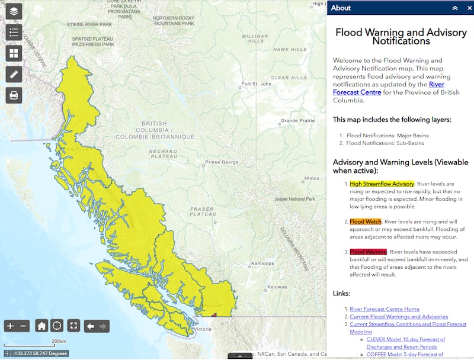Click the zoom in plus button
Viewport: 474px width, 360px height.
click(10, 326)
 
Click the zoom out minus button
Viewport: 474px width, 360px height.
click(24, 326)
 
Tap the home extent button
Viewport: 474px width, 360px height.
click(41, 326)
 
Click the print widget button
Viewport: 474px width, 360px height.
click(14, 95)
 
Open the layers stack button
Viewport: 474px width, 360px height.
click(14, 11)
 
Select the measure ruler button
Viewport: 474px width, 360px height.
click(14, 74)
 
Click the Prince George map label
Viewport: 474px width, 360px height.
click(221, 162)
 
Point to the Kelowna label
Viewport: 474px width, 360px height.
click(277, 287)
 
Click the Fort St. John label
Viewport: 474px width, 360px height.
click(257, 84)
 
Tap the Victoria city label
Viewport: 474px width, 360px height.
click(202, 329)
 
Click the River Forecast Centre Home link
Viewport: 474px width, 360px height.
click(385, 309)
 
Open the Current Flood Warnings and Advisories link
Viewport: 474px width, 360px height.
click(399, 317)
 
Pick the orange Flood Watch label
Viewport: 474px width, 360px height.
click(366, 221)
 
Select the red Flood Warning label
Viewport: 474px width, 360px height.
click(368, 252)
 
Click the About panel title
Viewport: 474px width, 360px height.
click(341, 8)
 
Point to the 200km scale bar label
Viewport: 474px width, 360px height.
click(59, 341)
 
